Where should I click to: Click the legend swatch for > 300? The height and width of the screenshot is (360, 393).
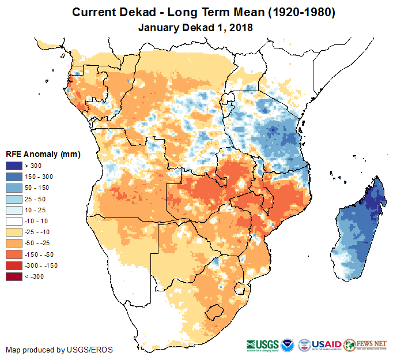[14, 166]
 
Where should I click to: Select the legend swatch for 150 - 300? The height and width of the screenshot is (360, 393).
[14, 177]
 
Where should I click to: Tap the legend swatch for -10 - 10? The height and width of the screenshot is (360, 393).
[14, 221]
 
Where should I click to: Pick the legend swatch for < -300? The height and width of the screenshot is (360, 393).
[14, 276]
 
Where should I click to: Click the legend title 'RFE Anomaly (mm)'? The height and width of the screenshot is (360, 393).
[43, 154]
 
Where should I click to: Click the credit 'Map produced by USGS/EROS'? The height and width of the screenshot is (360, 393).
[59, 350]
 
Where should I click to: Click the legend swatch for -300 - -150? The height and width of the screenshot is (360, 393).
[14, 265]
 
